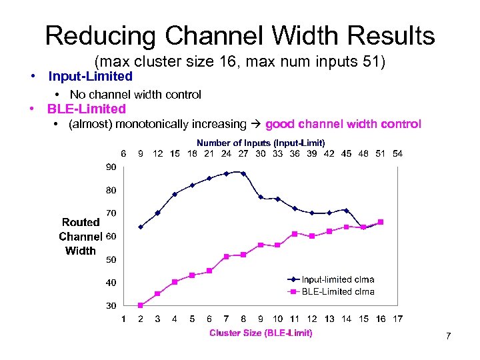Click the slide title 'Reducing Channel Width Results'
point(240,35)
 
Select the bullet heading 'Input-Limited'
point(91,77)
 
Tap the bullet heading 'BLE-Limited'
point(86,109)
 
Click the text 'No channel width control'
point(135,95)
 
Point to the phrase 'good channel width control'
point(343,124)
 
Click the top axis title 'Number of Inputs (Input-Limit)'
point(261,143)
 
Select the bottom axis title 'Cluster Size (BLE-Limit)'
point(261,333)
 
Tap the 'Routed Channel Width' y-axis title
point(80,237)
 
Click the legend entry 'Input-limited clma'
point(338,279)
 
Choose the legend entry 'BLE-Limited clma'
point(338,291)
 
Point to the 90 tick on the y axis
point(111,167)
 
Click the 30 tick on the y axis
point(111,305)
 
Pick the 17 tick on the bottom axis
point(398,319)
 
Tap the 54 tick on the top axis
point(398,153)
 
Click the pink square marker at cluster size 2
point(141,305)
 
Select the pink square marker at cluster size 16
point(381,222)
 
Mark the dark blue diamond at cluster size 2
point(141,227)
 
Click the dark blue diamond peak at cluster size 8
point(243,173)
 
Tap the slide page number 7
point(448,336)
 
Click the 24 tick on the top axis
point(226,153)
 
